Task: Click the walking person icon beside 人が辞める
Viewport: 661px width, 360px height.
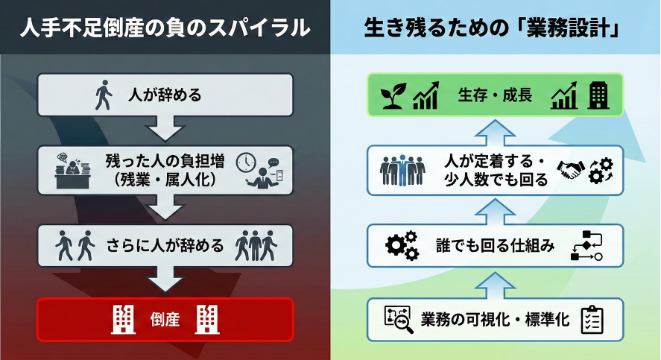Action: (103, 95)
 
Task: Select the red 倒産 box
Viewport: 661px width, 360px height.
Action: (165, 319)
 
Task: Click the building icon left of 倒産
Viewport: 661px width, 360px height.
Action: (123, 319)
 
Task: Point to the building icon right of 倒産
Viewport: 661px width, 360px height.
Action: (207, 319)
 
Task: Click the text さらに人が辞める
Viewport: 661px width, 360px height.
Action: (165, 244)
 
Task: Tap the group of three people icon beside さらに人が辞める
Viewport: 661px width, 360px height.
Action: (256, 244)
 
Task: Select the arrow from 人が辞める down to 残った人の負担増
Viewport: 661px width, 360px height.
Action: (165, 130)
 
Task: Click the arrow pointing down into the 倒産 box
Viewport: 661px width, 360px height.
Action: (165, 282)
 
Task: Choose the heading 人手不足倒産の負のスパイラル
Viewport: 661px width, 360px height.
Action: (165, 28)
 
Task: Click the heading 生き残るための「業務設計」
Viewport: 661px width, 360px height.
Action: (494, 28)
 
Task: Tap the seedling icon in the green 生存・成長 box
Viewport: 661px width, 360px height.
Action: (393, 95)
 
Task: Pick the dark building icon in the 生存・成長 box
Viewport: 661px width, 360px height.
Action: (598, 95)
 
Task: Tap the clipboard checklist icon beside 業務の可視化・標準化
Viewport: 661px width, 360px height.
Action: (591, 319)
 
